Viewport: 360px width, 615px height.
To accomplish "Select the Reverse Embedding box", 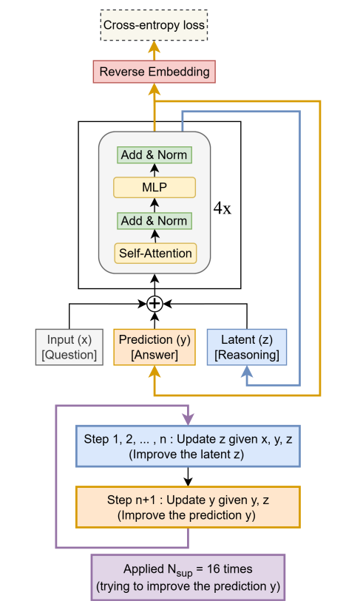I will (x=154, y=72).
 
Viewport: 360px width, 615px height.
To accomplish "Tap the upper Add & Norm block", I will (x=154, y=154).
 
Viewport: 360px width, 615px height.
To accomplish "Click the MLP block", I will (x=154, y=187).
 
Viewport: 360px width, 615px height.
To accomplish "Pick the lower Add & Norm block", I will (x=154, y=220).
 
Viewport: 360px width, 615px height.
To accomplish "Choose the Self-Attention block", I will (x=154, y=253).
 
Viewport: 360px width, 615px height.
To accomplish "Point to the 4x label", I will (x=222, y=208).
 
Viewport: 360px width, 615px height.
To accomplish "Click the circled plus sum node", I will (x=154, y=304).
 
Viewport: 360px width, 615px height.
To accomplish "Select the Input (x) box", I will (x=69, y=347).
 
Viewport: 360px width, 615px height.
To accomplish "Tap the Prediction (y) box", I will (x=154, y=347).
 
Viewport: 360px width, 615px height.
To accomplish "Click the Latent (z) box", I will (x=246, y=347).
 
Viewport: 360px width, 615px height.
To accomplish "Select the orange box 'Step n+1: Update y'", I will (x=189, y=506).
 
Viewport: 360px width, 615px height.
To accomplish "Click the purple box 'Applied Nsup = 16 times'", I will (x=189, y=577).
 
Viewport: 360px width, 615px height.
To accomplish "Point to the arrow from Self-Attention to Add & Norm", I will (x=154, y=236).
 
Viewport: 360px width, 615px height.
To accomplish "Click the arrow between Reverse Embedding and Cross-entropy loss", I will (x=154, y=50).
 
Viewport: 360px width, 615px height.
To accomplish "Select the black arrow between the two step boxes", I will (x=189, y=476).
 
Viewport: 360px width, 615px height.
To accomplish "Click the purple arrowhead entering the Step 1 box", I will (x=189, y=419).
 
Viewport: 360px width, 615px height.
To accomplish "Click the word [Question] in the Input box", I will (x=69, y=355).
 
